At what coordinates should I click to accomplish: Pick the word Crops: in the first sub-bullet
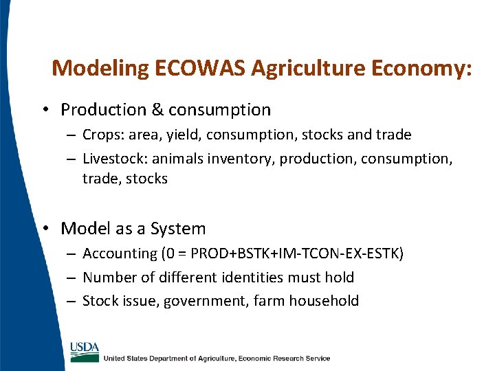pos(103,135)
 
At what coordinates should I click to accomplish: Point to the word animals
pos(175,159)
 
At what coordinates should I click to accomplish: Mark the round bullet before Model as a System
pos(47,229)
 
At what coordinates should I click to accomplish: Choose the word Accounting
pos(120,254)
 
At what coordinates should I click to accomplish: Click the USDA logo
pos(84,350)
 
